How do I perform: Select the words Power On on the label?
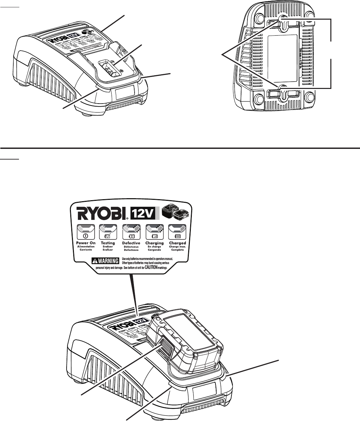[86, 243]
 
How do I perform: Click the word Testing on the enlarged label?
[108, 243]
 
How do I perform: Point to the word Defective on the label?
[131, 243]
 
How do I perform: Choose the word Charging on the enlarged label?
[154, 243]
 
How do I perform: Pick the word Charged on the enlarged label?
[177, 243]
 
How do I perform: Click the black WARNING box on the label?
[106, 260]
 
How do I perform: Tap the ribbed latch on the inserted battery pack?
[166, 349]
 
